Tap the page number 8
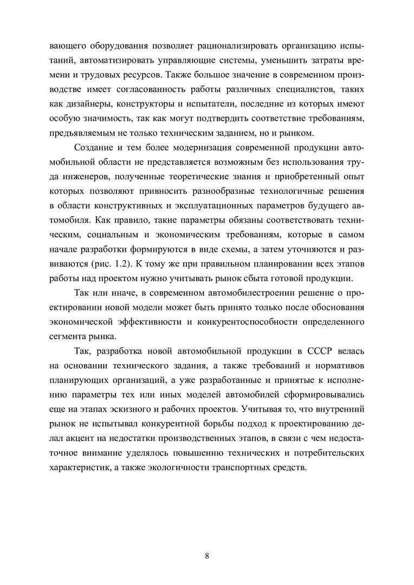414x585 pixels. (x=207, y=556)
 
